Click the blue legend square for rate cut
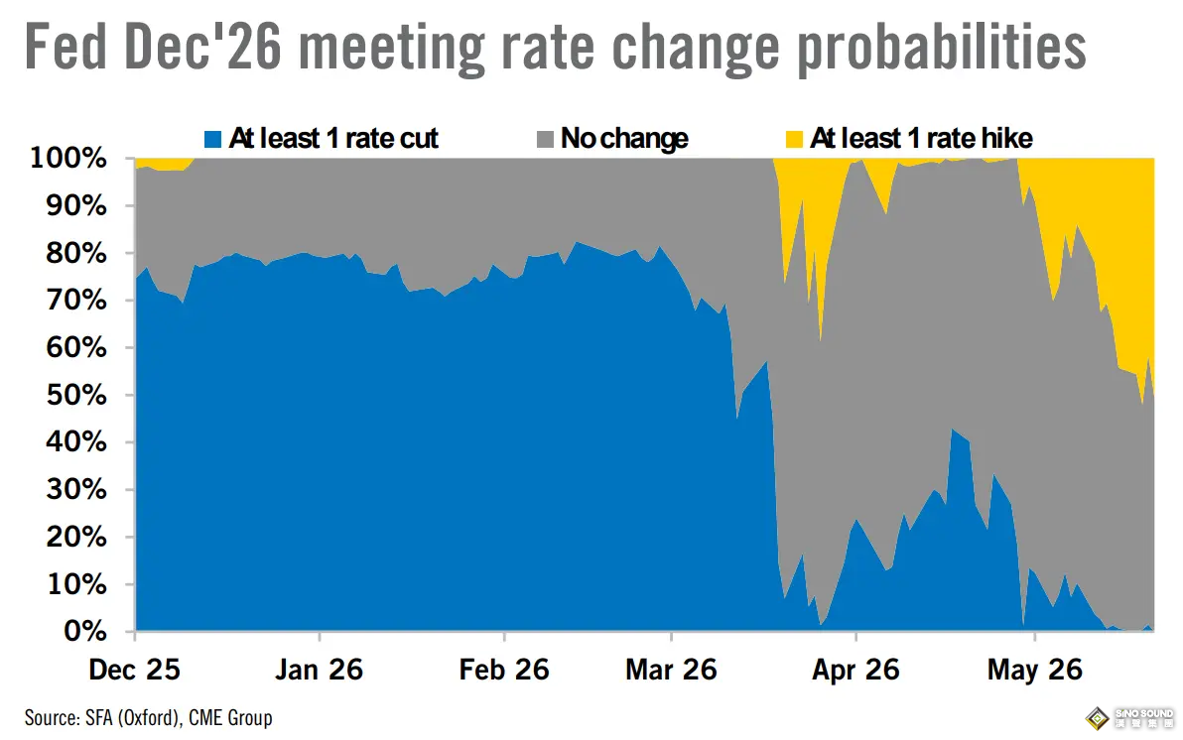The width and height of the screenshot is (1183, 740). pyautogui.click(x=212, y=140)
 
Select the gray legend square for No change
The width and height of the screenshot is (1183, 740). pyautogui.click(x=545, y=140)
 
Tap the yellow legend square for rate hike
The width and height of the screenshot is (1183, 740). pyautogui.click(x=794, y=140)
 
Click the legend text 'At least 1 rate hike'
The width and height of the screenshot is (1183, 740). pyautogui.click(x=921, y=139)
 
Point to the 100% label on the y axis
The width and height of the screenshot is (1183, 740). pyautogui.click(x=67, y=158)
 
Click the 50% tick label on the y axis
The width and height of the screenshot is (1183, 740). pyautogui.click(x=76, y=395)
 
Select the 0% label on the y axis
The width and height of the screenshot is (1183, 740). pyautogui.click(x=85, y=631)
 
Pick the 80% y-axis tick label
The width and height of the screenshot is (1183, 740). pyautogui.click(x=76, y=253)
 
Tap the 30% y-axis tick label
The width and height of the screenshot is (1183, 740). pyautogui.click(x=76, y=489)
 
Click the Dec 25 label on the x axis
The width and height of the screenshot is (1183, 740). pyautogui.click(x=134, y=670)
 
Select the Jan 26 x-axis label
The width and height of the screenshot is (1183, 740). pyautogui.click(x=320, y=670)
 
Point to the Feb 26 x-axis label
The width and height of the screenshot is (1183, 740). pyautogui.click(x=504, y=670)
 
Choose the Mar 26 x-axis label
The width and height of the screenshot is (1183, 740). pyautogui.click(x=672, y=670)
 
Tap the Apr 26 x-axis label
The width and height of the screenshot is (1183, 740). pyautogui.click(x=855, y=670)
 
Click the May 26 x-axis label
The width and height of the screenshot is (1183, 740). pyautogui.click(x=1035, y=670)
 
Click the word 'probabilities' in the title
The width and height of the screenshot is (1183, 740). pyautogui.click(x=942, y=49)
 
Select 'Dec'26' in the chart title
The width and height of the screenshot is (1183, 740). pyautogui.click(x=202, y=47)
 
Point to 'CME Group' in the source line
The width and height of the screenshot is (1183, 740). pyautogui.click(x=230, y=717)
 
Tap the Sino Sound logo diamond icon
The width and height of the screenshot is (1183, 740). pyautogui.click(x=1097, y=718)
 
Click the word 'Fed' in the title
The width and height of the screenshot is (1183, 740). pyautogui.click(x=66, y=47)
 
